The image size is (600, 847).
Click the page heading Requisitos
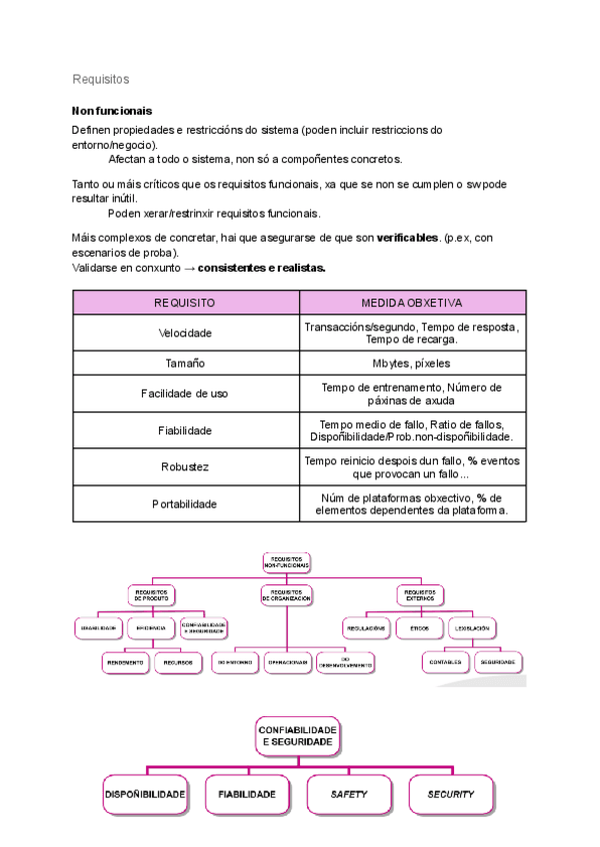[x=101, y=79]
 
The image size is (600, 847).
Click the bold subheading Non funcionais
[x=112, y=111]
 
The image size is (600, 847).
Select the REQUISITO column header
[x=185, y=303]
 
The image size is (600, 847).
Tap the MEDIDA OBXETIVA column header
[x=411, y=303]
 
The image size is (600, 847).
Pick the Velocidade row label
[x=185, y=333]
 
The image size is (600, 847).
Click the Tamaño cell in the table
[x=185, y=364]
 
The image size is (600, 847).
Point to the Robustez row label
[x=185, y=467]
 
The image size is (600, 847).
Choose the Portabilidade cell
[x=185, y=504]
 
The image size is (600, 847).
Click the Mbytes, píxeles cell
[x=411, y=364]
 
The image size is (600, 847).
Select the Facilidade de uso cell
[x=185, y=395]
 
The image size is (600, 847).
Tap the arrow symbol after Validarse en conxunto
[x=190, y=269]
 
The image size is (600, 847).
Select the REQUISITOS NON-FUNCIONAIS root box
[x=286, y=562]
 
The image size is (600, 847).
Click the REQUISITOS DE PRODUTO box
[x=151, y=595]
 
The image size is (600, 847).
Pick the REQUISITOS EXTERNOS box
[x=419, y=595]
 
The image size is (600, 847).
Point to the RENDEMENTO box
[x=124, y=661]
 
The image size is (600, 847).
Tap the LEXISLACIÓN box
[x=471, y=628]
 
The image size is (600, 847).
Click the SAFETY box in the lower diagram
[x=349, y=795]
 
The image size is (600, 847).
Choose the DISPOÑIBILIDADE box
[x=146, y=795]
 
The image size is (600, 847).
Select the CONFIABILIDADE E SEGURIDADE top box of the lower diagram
[x=298, y=737]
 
